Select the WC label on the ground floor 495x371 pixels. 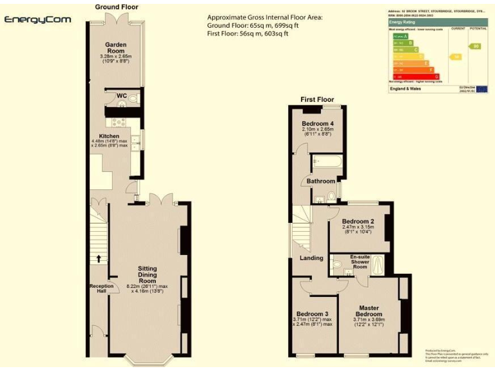click(121, 96)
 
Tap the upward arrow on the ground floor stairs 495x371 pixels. click(99, 258)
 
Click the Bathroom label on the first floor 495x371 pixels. click(321, 181)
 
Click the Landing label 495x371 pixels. click(311, 259)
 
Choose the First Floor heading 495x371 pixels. click(317, 100)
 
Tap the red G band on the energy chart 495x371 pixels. click(416, 77)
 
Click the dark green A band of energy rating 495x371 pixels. click(399, 37)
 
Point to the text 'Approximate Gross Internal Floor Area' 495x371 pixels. click(264, 17)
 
